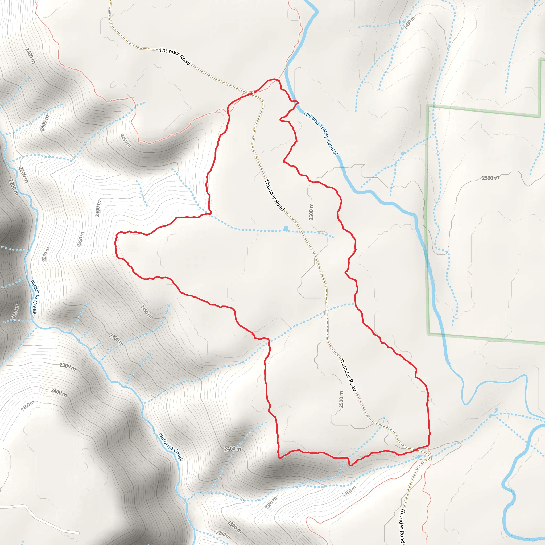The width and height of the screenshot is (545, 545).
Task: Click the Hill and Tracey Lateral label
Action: coord(320,133)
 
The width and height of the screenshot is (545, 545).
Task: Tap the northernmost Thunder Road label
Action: coord(175,56)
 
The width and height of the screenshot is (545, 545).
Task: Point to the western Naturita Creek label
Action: coord(34,297)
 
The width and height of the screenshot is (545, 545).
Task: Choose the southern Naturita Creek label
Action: coord(171,447)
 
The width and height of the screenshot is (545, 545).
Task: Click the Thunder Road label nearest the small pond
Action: coord(274,195)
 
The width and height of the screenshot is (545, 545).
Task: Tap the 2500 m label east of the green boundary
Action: coord(490,178)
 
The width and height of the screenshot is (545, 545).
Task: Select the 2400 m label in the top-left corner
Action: coord(30,56)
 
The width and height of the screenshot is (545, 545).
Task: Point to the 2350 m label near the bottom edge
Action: coord(271,503)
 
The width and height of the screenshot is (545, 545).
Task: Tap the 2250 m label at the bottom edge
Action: coord(223,534)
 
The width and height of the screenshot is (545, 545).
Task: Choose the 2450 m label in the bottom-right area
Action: coord(349,492)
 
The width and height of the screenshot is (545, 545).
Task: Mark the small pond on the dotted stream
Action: coord(286,229)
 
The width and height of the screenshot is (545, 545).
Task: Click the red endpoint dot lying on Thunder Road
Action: coord(251,94)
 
